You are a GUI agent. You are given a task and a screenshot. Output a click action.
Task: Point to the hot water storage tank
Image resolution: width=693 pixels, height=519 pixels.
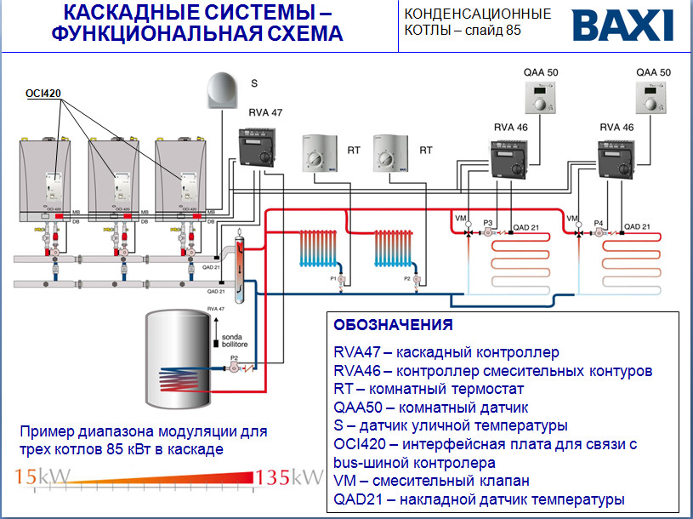pyautogui.click(x=183, y=361)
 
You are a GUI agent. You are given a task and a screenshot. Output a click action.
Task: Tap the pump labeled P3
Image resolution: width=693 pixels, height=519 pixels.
pyautogui.click(x=489, y=231)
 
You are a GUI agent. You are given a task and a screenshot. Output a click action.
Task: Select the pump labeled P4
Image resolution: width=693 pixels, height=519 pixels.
pyautogui.click(x=599, y=231)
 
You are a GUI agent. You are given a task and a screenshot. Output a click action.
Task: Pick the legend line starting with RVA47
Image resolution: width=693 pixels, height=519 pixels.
pyautogui.click(x=447, y=351)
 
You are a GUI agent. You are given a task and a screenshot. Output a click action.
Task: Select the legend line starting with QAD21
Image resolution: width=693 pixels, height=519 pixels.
pyautogui.click(x=479, y=499)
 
